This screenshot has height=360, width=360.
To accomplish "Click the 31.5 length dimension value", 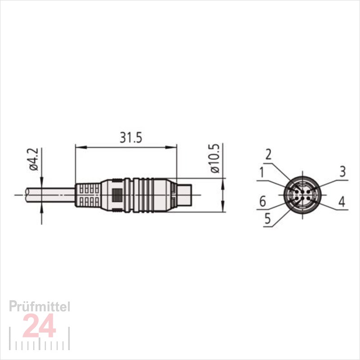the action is pos(131,138).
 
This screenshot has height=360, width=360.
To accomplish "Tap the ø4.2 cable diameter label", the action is pos(34,159).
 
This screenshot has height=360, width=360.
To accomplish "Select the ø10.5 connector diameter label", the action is pos(215,158).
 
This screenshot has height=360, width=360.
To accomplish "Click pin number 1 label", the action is pos(262,172).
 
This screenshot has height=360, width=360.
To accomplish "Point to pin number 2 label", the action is pos(268,154).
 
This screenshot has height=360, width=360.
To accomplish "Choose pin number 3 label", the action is pos(342,171).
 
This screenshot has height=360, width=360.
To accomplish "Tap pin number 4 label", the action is pos(342,202).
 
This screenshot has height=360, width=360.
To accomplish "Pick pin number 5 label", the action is pos(268,219).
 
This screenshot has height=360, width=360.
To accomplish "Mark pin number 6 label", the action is pos(263,201).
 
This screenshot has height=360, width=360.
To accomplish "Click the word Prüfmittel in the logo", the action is pos(40,307).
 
